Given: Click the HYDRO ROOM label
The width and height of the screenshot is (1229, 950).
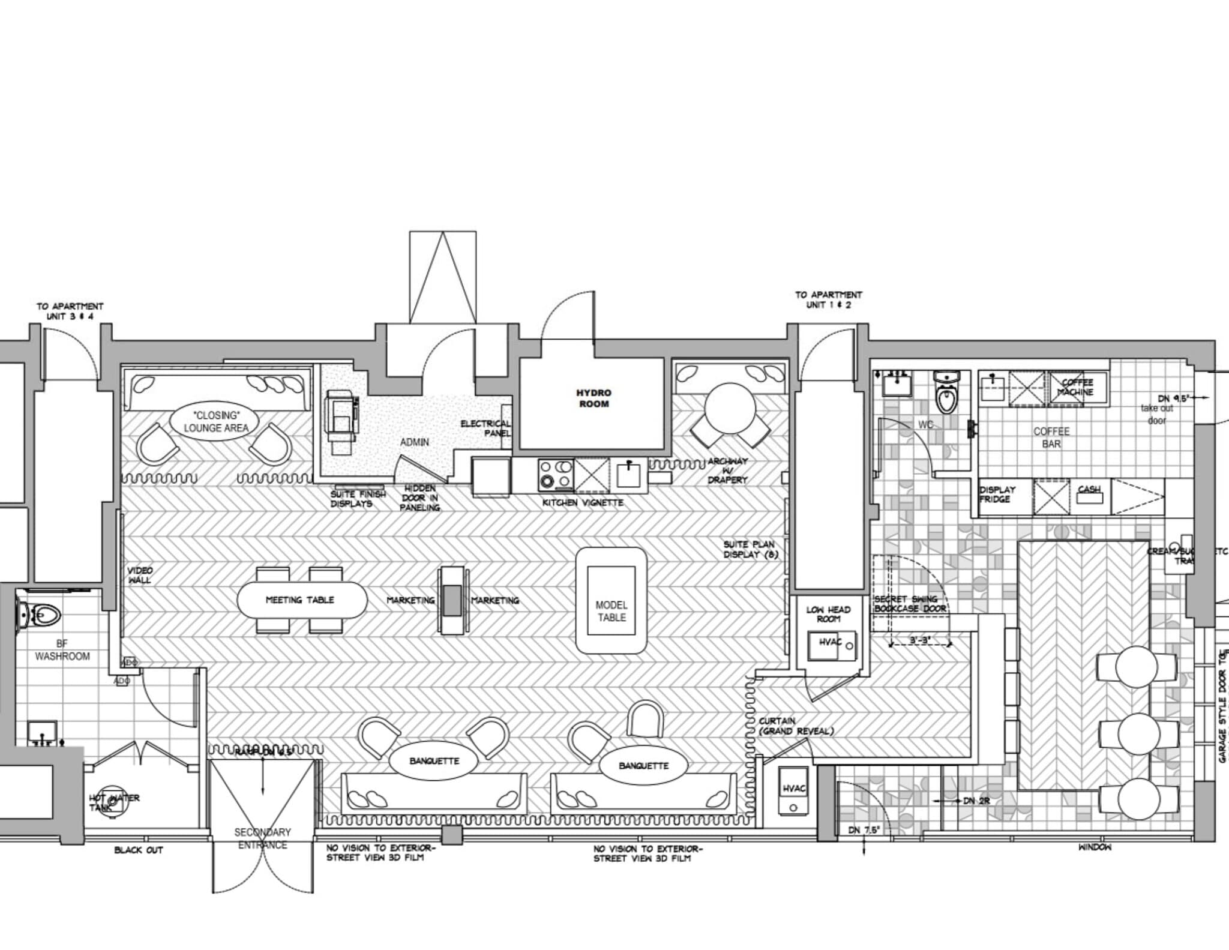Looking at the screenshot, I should [593, 398].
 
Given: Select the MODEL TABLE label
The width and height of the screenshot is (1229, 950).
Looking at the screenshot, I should [611, 611].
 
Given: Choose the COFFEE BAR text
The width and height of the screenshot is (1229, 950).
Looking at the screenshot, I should [1051, 437].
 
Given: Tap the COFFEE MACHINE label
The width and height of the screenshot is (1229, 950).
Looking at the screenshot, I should [1077, 387].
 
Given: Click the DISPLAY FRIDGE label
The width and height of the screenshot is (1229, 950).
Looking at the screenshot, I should [997, 495].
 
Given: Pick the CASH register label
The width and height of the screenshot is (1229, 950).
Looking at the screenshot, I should [1089, 490].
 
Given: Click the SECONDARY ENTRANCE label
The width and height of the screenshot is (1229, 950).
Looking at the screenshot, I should [262, 838].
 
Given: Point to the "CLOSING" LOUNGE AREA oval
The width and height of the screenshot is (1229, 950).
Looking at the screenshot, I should [215, 422].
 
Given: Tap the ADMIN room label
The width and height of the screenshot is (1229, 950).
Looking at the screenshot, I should [414, 442].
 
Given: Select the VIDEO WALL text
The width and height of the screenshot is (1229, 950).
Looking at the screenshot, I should [140, 575].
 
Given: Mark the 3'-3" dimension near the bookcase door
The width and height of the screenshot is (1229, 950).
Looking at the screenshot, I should [920, 641].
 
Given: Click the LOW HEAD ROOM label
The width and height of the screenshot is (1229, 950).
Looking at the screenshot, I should [828, 614].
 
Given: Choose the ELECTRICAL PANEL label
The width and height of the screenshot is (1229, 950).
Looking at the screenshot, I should [485, 428].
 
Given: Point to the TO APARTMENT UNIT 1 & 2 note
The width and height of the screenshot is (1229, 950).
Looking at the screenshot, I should [828, 299].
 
